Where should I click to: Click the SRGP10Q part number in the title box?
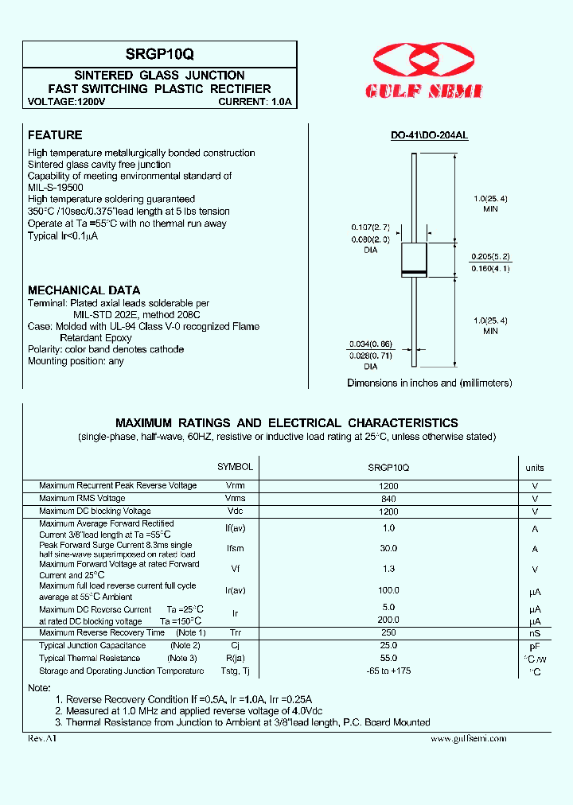click(159, 54)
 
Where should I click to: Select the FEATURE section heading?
click(55, 135)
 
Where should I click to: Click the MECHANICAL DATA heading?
click(84, 290)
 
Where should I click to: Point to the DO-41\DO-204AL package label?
click(429, 136)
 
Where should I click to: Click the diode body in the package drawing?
click(414, 259)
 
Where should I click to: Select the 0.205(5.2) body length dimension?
click(490, 257)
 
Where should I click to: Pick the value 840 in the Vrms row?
click(388, 499)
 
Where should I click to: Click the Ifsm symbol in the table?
click(236, 549)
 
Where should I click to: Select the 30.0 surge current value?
click(388, 549)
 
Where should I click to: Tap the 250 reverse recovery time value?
click(388, 632)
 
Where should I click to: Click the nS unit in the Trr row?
click(535, 633)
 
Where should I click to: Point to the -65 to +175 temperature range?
click(388, 671)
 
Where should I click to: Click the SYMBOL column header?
click(236, 467)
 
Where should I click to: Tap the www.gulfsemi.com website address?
click(468, 739)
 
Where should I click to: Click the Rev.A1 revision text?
click(43, 739)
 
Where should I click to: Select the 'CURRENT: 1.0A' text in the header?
click(255, 102)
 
